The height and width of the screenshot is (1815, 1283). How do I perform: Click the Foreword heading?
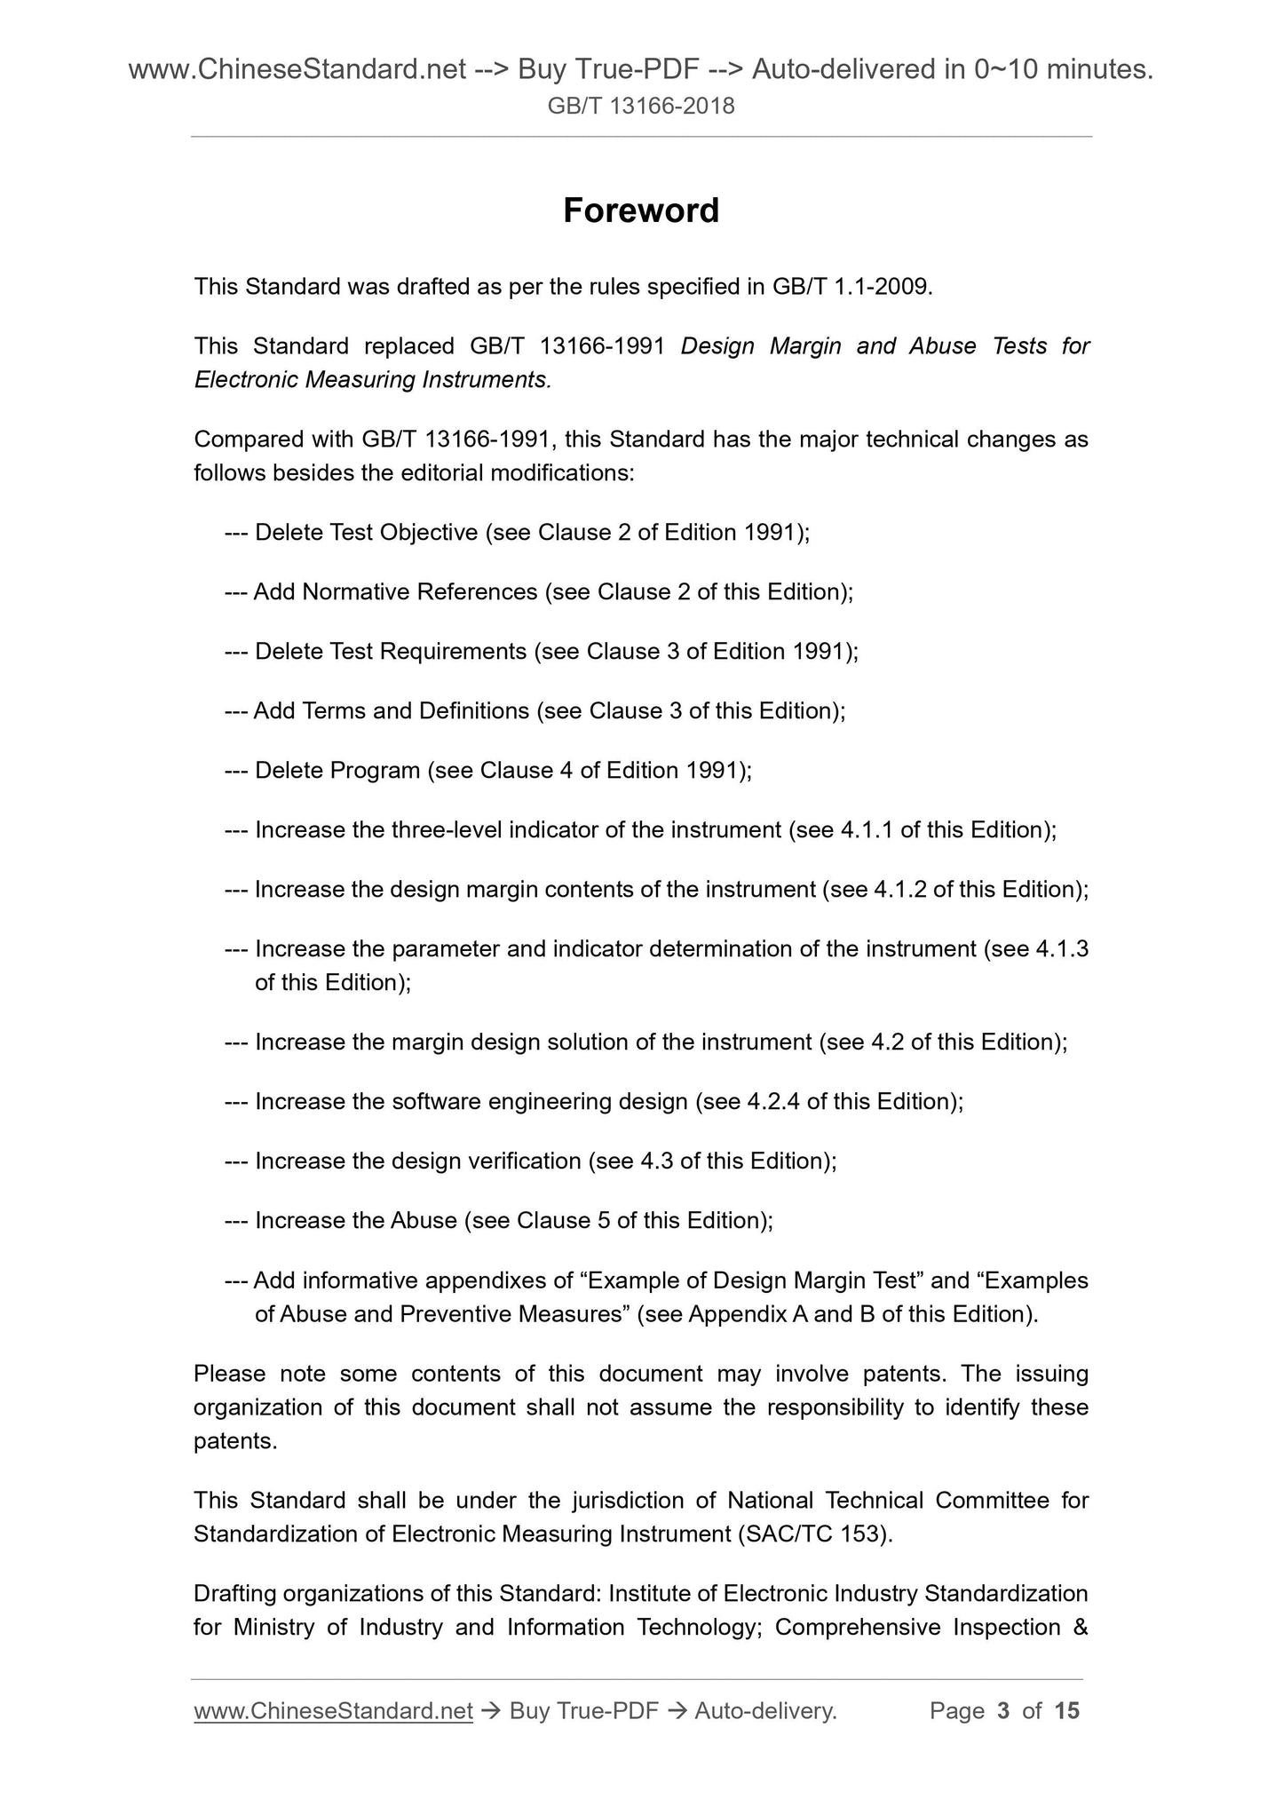[x=641, y=211]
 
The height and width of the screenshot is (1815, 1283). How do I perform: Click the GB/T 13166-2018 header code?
[x=641, y=107]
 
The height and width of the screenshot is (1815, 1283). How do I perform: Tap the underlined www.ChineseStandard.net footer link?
[x=333, y=1710]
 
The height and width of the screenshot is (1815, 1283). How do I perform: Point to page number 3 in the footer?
[x=1003, y=1710]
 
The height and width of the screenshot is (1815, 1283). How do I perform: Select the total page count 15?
[x=1066, y=1710]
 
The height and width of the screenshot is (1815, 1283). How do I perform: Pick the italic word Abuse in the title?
[x=942, y=345]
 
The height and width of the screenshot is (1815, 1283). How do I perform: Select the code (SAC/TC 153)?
[x=813, y=1534]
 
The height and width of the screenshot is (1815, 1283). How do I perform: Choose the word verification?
[x=528, y=1161]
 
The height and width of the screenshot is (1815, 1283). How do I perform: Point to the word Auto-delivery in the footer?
[x=764, y=1710]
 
